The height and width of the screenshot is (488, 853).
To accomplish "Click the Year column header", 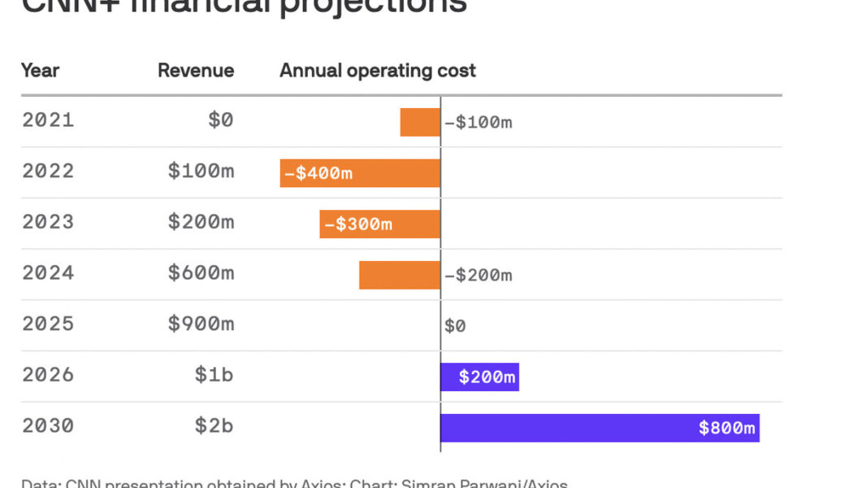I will click(x=40, y=71).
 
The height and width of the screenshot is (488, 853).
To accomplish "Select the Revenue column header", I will click(x=196, y=71).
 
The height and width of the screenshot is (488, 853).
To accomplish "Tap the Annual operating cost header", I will click(x=378, y=71).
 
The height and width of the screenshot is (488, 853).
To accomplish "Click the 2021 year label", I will click(x=48, y=120).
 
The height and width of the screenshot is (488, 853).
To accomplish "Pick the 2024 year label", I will click(x=48, y=273).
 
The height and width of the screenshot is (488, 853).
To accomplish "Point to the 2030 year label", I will click(x=48, y=426).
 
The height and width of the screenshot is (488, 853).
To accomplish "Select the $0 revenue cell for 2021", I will click(x=220, y=120).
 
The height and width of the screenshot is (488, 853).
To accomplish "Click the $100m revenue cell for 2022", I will click(x=201, y=172).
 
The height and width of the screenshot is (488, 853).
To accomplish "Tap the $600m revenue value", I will click(x=201, y=273).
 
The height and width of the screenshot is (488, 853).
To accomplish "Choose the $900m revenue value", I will click(x=201, y=325).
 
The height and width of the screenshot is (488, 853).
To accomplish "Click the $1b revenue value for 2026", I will click(x=214, y=375).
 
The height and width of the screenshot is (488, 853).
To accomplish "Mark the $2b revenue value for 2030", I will click(x=214, y=426).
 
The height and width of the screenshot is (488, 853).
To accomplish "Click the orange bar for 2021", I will click(x=420, y=122).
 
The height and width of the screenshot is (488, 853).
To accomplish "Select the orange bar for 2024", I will click(x=400, y=275).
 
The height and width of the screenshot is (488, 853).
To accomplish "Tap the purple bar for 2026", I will click(x=479, y=377).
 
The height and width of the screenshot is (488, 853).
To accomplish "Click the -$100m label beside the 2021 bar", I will click(x=478, y=123).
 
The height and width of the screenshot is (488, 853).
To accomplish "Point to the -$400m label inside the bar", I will click(x=318, y=173).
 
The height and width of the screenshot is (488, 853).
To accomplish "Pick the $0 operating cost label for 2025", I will click(x=455, y=326).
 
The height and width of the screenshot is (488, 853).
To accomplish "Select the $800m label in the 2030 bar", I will click(x=727, y=428).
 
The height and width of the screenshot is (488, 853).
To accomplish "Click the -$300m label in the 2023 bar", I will click(x=357, y=224).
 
